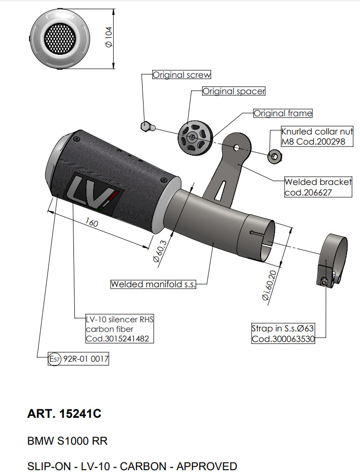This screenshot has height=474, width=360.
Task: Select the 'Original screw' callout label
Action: click(181, 75)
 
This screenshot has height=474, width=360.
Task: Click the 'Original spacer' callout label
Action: click(233, 91)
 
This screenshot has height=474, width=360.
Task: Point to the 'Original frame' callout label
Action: click(283, 113)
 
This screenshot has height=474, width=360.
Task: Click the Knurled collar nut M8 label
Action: click(317, 136)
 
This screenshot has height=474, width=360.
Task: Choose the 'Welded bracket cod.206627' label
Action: click(318, 187)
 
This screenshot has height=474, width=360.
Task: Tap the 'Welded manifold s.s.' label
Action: click(153, 284)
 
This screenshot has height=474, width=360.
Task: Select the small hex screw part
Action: click(147, 126)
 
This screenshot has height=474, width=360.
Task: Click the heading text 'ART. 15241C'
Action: click(64, 413)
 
